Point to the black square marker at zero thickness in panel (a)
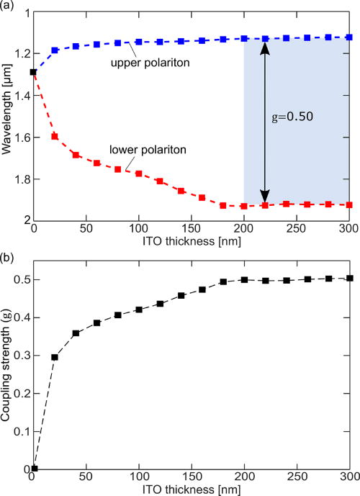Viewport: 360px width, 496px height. point(33,72)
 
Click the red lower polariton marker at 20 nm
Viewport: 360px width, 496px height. point(55,136)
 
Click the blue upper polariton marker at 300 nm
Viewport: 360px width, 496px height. point(349,37)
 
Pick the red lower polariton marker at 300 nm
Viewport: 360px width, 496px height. point(349,204)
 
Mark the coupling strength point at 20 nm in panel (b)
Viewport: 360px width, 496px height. point(55,357)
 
